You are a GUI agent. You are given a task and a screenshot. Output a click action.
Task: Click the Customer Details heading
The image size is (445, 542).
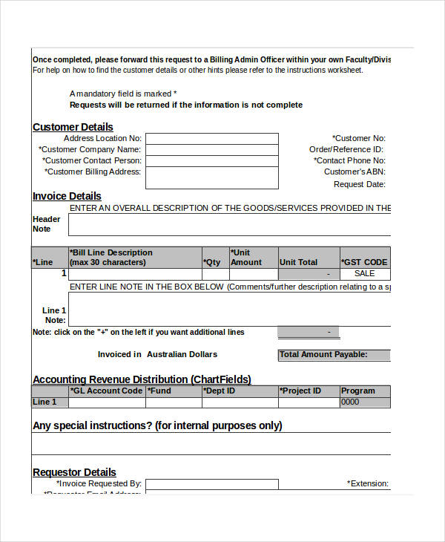pyautogui.click(x=73, y=127)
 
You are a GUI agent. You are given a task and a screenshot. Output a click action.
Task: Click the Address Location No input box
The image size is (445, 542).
pyautogui.click(x=211, y=139)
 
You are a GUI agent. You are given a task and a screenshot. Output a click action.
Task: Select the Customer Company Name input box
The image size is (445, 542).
pyautogui.click(x=211, y=150)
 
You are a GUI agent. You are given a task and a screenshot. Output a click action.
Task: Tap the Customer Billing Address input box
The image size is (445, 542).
pyautogui.click(x=211, y=177)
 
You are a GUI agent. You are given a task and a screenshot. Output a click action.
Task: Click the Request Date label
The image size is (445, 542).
pyautogui.click(x=360, y=184)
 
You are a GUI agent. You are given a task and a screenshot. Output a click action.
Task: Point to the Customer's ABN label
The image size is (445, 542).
pyautogui.click(x=355, y=172)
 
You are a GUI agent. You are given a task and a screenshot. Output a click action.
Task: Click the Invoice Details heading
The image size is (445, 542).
pyautogui.click(x=67, y=196)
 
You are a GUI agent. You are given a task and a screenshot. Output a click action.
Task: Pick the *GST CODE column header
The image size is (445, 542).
pyautogui.click(x=364, y=262)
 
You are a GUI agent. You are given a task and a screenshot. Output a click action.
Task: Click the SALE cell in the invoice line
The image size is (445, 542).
pyautogui.click(x=364, y=274)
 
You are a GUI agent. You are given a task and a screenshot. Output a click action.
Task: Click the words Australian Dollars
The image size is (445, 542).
pyautogui.click(x=182, y=354)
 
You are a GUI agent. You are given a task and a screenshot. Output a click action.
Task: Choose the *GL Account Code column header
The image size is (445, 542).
pyautogui.click(x=106, y=391)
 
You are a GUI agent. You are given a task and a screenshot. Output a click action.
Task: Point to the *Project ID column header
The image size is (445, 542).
pyautogui.click(x=300, y=391)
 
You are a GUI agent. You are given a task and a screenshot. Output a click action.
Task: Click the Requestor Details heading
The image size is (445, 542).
pyautogui.click(x=74, y=472)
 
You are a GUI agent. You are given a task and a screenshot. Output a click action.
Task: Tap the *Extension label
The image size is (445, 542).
pyautogui.click(x=368, y=483)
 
